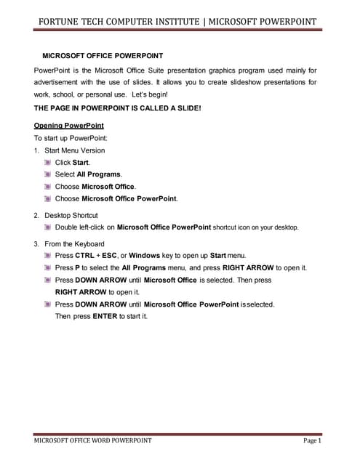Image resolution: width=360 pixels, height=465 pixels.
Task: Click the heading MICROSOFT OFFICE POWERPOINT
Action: [103, 55]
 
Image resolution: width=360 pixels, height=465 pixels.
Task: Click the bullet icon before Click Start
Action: [48, 163]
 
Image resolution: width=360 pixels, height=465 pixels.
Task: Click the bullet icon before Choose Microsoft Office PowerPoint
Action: [48, 198]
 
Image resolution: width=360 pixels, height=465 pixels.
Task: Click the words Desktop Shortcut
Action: [71, 216]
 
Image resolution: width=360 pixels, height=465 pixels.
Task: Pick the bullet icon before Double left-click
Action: [48, 227]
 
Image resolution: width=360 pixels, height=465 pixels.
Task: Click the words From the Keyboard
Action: [74, 244]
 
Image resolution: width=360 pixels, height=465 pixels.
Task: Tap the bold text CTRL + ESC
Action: [95, 256]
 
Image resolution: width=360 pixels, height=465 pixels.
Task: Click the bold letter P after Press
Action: [77, 268]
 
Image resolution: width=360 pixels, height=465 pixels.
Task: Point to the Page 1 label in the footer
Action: [312, 440]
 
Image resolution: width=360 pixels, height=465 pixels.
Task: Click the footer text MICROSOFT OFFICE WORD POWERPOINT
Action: [93, 440]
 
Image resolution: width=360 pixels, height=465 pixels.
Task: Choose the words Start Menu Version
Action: [74, 150]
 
